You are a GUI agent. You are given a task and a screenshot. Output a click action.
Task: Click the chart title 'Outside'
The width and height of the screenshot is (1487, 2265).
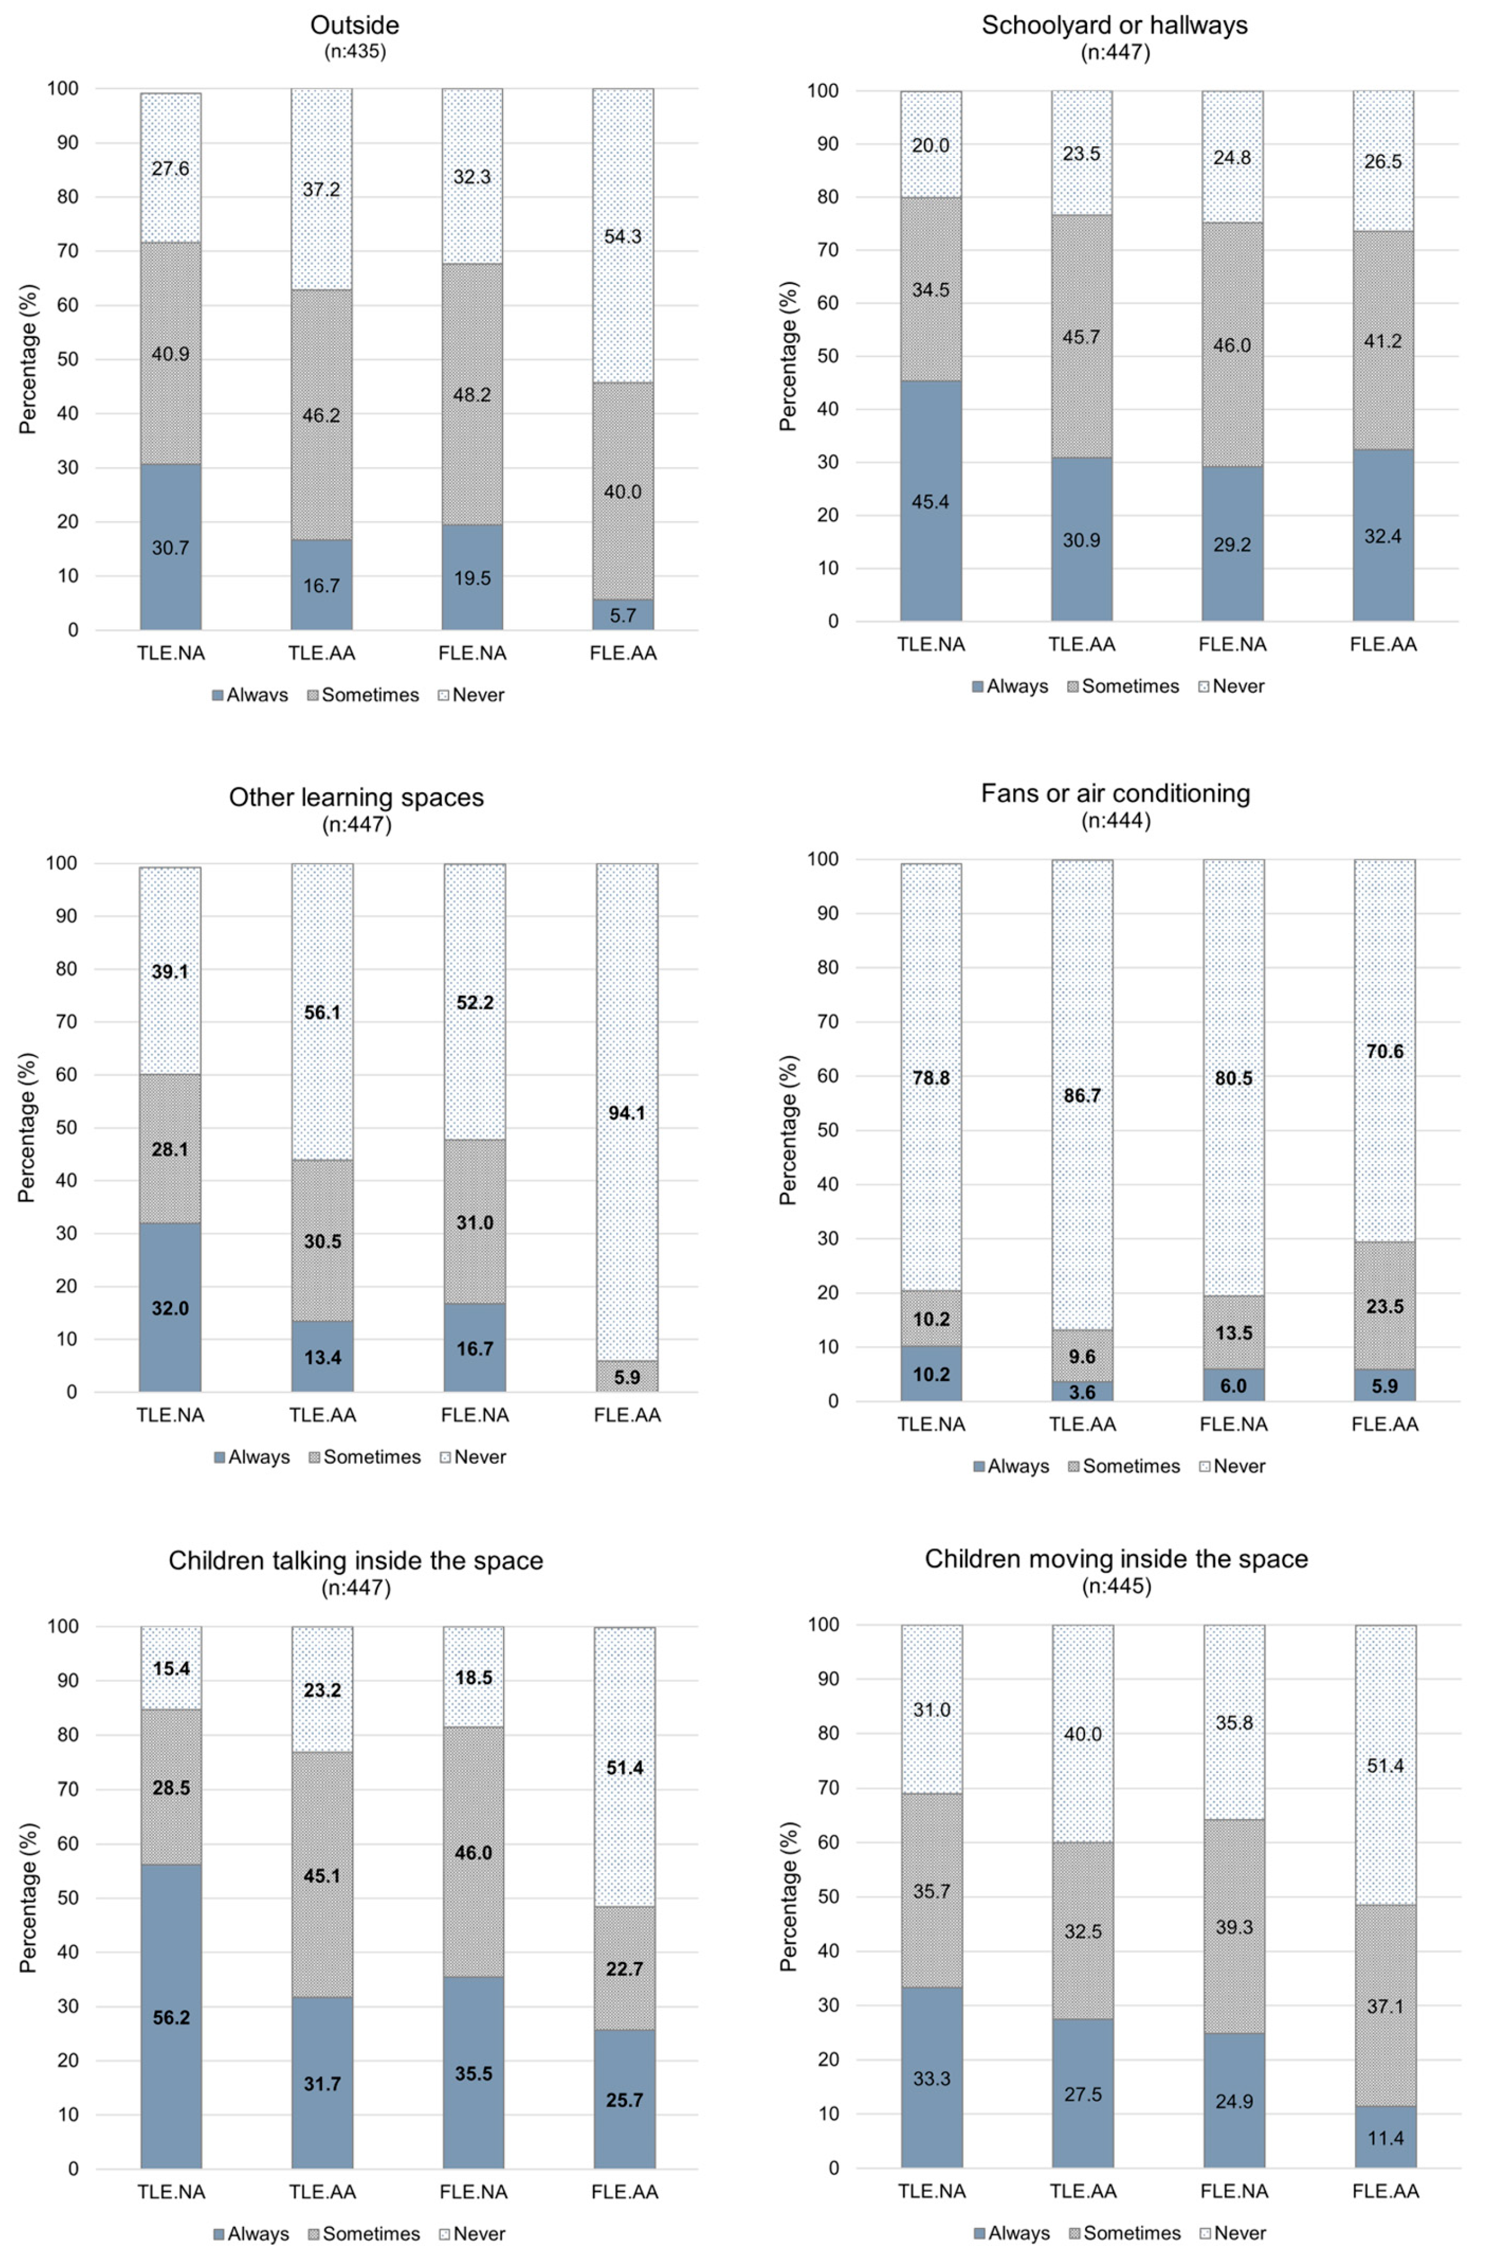coord(355,25)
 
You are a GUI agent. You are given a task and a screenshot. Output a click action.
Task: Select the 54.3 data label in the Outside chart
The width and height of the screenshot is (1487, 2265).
coord(622,237)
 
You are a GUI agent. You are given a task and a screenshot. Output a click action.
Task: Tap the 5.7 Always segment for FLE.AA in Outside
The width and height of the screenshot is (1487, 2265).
coord(622,615)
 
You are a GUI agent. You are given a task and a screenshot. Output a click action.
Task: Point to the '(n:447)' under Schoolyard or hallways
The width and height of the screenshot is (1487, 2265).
coord(1114,52)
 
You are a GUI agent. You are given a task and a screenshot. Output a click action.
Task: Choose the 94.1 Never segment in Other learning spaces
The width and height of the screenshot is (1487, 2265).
coord(626,1112)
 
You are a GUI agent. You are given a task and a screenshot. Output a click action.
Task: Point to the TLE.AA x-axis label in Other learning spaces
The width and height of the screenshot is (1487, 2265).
coord(323,1415)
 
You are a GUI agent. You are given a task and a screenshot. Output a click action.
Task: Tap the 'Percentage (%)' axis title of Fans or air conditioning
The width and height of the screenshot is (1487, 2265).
coord(788,1130)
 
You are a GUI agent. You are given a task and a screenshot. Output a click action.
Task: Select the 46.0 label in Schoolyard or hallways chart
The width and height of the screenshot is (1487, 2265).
coord(1232,345)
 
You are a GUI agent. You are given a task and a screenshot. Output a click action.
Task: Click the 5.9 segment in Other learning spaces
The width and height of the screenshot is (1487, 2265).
coord(626,1376)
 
